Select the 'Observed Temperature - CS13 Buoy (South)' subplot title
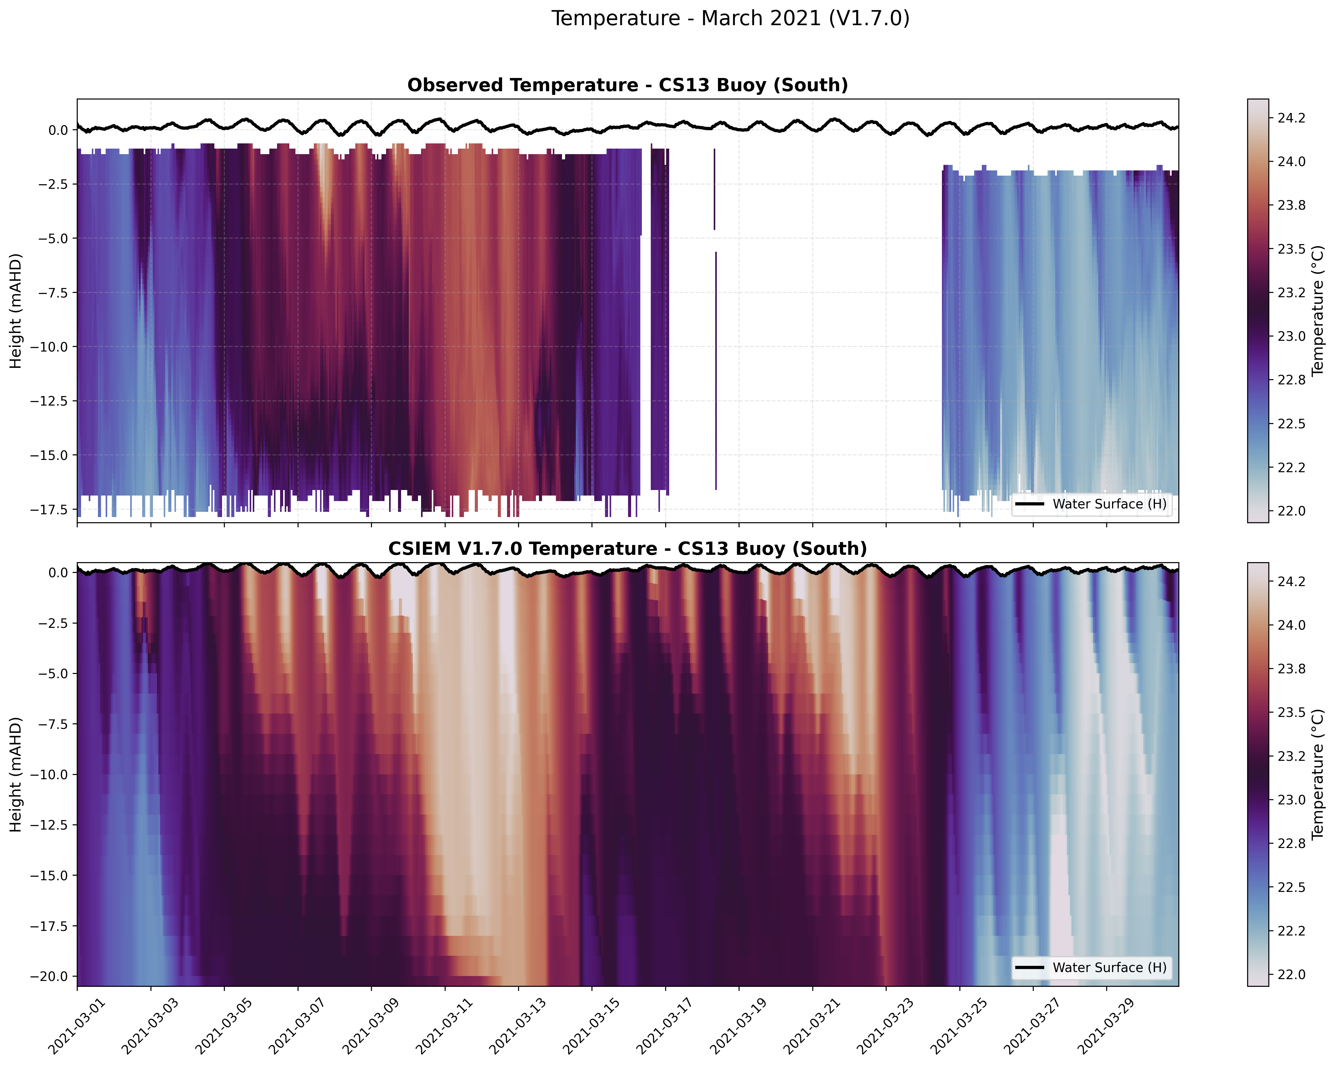(x=627, y=85)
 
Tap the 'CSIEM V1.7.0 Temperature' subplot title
(x=627, y=549)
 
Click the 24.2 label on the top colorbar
(x=1292, y=118)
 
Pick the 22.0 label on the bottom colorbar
(x=1292, y=975)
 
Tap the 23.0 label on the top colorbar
(x=1292, y=336)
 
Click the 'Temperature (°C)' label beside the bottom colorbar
(x=1318, y=774)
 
